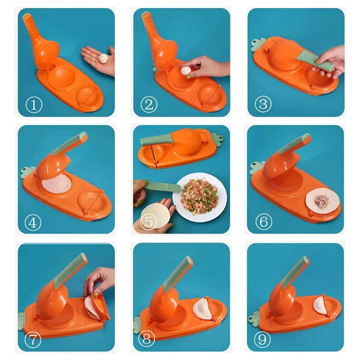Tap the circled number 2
148,105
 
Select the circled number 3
263,105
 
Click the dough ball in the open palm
103,59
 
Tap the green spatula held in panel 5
162,186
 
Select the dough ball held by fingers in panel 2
185,69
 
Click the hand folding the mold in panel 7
100,278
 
